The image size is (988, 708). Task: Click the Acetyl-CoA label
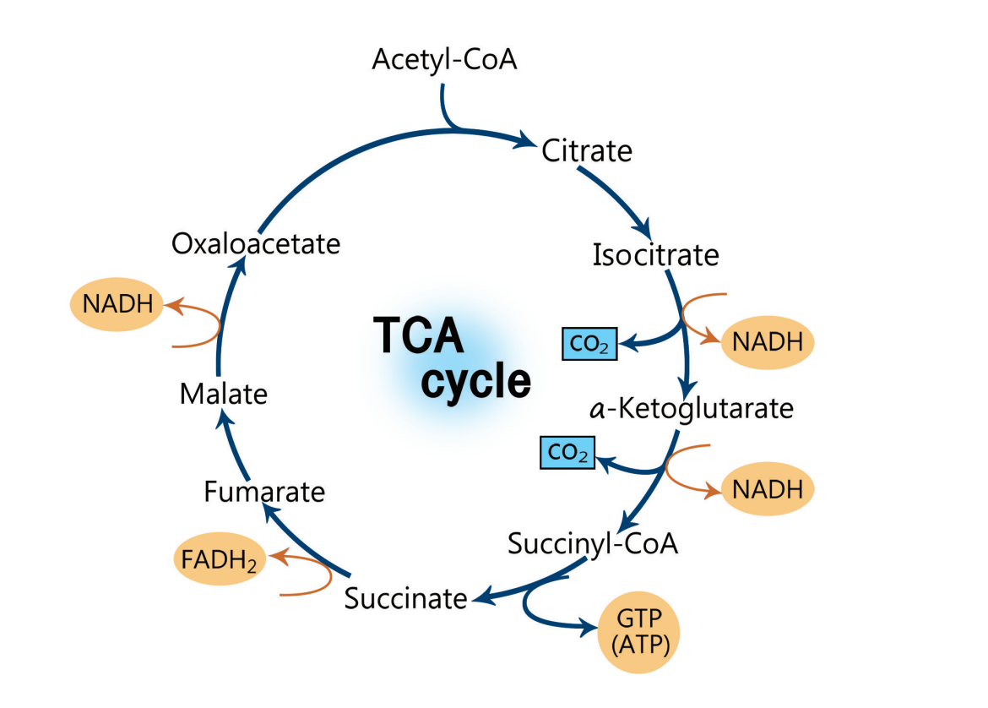(x=444, y=60)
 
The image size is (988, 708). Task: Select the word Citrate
(x=586, y=151)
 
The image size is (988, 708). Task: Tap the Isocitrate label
(x=655, y=254)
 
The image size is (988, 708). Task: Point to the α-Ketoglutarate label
(x=692, y=409)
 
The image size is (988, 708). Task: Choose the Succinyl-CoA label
(x=593, y=543)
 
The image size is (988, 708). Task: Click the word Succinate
(x=405, y=598)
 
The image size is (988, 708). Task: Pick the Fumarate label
(x=264, y=492)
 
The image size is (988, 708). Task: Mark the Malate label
(x=223, y=394)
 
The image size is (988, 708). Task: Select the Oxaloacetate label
(x=256, y=244)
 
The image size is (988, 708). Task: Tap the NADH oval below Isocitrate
(x=768, y=342)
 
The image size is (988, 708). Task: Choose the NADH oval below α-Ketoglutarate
(x=768, y=489)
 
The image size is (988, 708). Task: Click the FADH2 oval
(x=219, y=559)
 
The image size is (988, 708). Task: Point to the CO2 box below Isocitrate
(x=590, y=344)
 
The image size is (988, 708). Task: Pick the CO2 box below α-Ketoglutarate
(x=567, y=453)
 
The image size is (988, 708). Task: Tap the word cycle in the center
(x=476, y=383)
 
